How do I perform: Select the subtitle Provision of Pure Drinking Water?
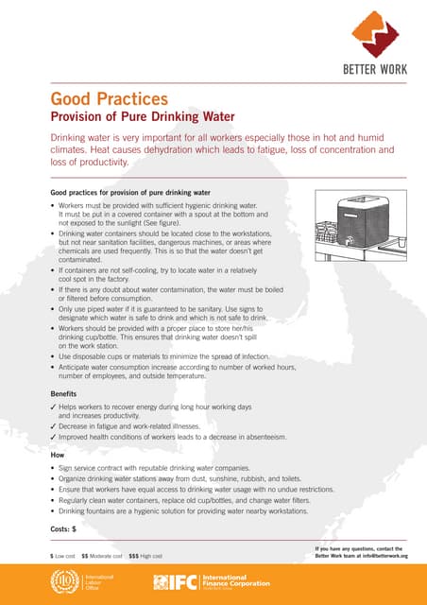142,116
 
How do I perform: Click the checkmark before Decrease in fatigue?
53,426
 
